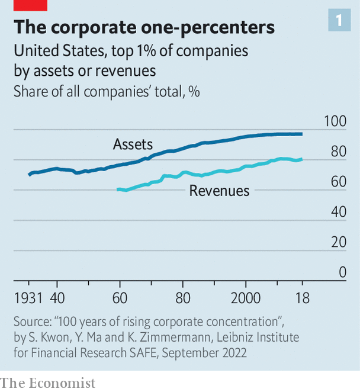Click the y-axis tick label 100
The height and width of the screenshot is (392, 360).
(336, 121)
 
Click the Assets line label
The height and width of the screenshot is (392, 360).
(133, 144)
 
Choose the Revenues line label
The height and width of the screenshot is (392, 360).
(219, 191)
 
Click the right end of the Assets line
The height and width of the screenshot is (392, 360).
(302, 134)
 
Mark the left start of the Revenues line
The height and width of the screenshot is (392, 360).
(117, 189)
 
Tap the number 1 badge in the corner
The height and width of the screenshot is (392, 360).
(338, 21)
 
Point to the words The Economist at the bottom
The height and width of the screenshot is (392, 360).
(48, 383)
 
